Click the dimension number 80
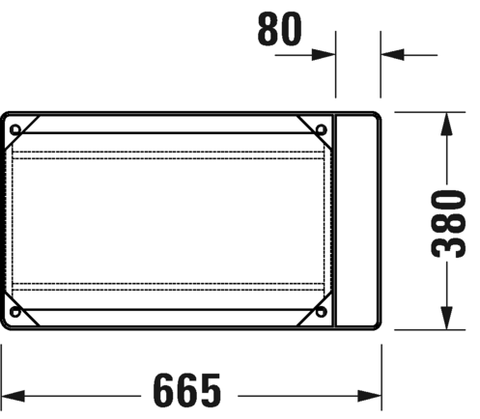(279, 28)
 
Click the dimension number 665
(187, 390)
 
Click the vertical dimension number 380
(448, 224)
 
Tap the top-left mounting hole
(15, 129)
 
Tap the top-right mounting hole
(321, 129)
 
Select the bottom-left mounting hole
(15, 311)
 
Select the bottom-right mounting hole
(321, 311)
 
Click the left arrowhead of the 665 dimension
(13, 396)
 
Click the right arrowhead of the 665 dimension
(370, 396)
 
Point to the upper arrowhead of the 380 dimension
(446, 124)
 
